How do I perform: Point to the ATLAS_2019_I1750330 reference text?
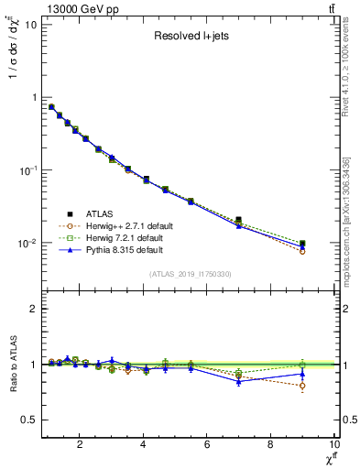pyautogui.click(x=191, y=274)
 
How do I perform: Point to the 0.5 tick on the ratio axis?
pyautogui.click(x=27, y=420)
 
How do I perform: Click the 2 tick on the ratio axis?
pyautogui.click(x=32, y=309)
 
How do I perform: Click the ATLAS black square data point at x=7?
pyautogui.click(x=238, y=220)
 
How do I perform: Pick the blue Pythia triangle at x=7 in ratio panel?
pyautogui.click(x=238, y=380)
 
